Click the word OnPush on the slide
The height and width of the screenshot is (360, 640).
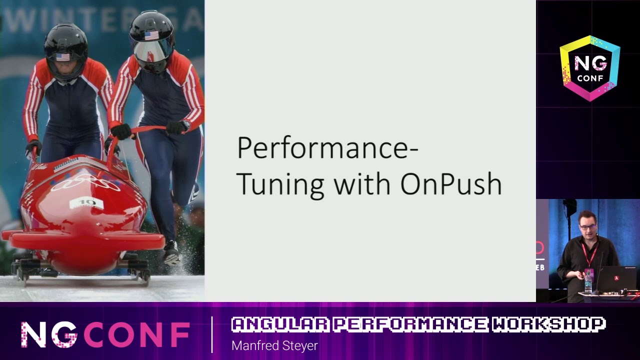451,184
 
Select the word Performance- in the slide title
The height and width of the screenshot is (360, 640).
327,149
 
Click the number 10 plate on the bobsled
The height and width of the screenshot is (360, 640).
86,203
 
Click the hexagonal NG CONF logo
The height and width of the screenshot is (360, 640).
590,68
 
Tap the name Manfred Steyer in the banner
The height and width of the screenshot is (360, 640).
274,345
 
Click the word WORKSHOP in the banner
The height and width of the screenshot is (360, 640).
548,324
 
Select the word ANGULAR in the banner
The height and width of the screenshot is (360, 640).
280,324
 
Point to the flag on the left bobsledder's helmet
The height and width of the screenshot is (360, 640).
63,57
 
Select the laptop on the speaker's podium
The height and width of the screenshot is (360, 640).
618,278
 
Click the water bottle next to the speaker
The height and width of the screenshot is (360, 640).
588,282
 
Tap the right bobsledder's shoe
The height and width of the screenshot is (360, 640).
171,252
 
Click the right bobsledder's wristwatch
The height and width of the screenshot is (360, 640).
186,124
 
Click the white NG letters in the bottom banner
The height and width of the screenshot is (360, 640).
49,334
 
